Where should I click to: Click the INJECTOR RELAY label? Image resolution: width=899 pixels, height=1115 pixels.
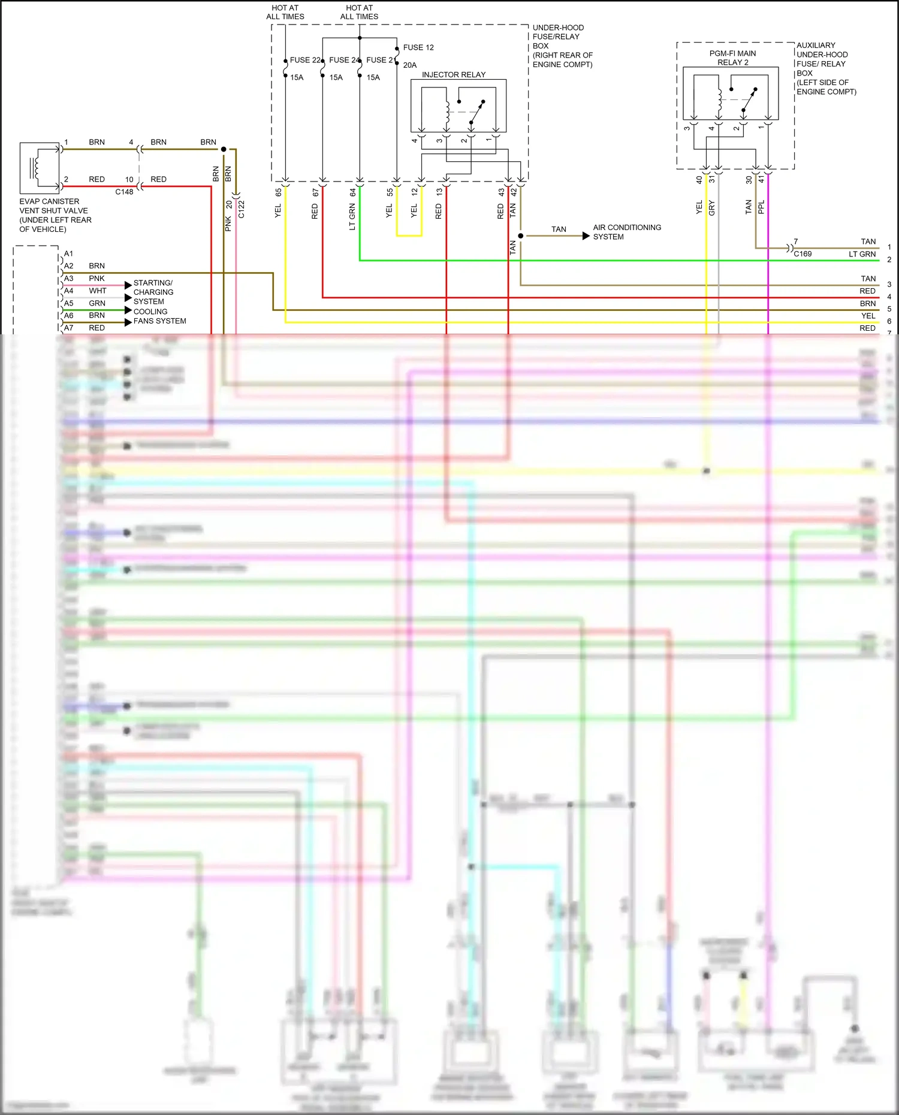(x=453, y=75)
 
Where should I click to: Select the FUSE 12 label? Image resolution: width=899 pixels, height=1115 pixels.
(x=418, y=47)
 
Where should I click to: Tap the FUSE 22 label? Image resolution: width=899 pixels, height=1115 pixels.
(x=305, y=60)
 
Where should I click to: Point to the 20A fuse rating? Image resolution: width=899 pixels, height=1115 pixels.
(x=410, y=65)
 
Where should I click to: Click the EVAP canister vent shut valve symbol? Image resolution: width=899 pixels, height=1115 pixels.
(x=40, y=164)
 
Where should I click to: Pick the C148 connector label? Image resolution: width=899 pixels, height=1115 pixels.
(x=124, y=192)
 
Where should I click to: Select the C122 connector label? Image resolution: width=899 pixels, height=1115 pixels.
(x=242, y=209)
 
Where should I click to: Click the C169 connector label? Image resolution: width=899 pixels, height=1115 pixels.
(x=803, y=254)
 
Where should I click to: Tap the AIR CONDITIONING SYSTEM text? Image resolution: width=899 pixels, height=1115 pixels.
(x=627, y=232)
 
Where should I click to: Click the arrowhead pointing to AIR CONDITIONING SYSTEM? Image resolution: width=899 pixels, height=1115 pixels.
(x=586, y=236)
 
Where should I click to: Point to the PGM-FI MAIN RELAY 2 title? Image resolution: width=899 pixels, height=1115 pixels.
(x=732, y=58)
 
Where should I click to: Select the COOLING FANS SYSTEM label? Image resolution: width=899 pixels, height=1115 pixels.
(x=159, y=316)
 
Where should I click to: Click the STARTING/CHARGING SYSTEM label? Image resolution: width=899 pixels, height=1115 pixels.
(x=153, y=292)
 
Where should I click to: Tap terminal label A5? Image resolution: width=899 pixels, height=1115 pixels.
(x=69, y=303)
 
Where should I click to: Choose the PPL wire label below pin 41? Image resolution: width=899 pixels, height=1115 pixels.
(x=761, y=207)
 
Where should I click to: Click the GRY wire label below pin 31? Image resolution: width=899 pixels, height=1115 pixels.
(x=711, y=208)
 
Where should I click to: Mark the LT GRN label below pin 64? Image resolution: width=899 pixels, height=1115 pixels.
(x=352, y=216)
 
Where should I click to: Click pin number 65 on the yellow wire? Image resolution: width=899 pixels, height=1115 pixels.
(x=278, y=192)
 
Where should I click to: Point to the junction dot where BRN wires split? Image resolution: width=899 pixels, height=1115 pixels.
(x=224, y=149)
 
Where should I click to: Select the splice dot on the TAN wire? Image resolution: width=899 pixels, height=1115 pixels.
(x=520, y=236)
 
